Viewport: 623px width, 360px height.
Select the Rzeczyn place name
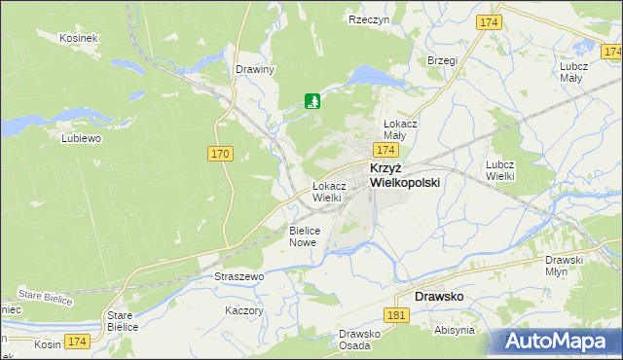pyautogui.click(x=369, y=19)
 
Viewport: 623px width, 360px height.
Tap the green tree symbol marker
pyautogui.click(x=312, y=100)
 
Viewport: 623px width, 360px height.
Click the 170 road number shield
pyautogui.click(x=221, y=154)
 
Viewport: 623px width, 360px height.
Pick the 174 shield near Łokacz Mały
pyautogui.click(x=386, y=151)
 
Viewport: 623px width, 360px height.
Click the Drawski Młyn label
pyautogui.click(x=564, y=266)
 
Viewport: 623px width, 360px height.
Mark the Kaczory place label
pyautogui.click(x=244, y=310)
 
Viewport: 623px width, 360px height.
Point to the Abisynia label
pyautogui.click(x=455, y=331)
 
